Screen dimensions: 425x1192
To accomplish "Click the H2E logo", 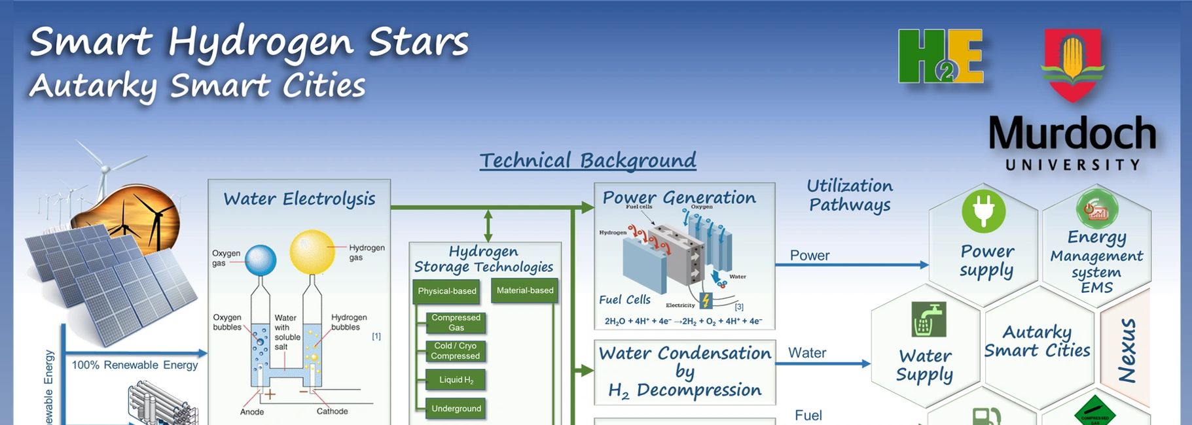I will pos(940,56).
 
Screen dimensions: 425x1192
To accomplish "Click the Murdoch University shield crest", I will pos(1072,63).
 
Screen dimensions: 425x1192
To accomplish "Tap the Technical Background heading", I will pos(587,160).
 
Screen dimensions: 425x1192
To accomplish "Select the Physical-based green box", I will pos(447,291).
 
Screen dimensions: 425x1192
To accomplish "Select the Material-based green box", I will pos(524,290).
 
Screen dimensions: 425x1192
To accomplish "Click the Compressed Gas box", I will pos(456,322).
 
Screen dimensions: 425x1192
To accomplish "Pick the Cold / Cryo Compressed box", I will pos(456,351).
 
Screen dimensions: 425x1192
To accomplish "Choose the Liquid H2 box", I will pos(456,380).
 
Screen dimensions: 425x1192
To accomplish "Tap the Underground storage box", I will pos(456,409).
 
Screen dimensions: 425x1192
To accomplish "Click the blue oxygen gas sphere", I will pos(261,260).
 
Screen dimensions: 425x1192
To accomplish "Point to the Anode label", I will pos(252,412).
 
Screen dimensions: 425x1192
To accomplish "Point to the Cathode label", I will pos(332,411).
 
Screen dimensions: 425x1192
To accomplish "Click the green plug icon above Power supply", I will pos(983,211).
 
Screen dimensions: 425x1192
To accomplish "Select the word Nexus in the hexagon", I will pos(1127,350).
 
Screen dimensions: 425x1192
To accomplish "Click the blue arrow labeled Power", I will pos(851,265).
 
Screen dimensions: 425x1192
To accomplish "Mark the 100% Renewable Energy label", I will pos(134,365).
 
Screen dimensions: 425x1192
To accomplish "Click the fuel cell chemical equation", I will pos(683,321).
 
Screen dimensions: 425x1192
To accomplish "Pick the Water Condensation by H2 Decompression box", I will pos(685,371).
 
